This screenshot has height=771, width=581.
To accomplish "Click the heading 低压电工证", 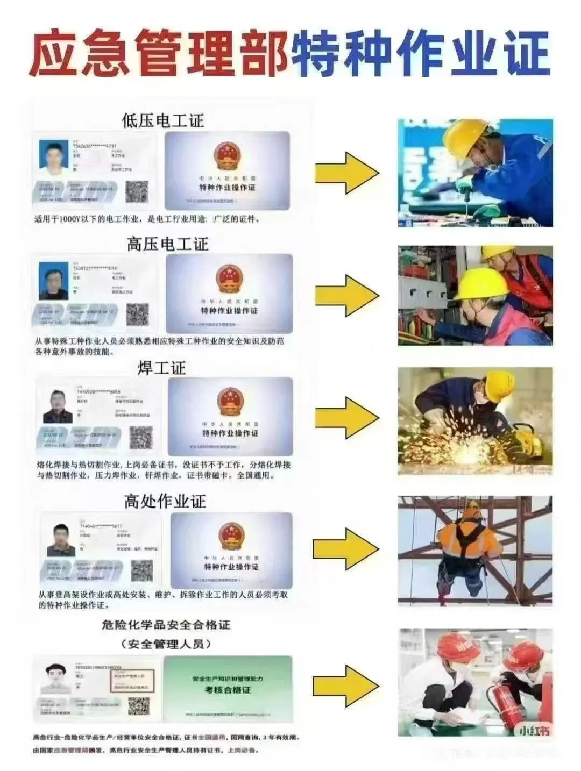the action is click(x=163, y=120).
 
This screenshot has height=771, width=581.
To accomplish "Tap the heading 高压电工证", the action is click(x=167, y=244).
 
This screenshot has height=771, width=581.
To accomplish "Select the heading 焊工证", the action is click(x=161, y=368).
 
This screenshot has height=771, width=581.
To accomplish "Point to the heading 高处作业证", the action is click(x=165, y=502).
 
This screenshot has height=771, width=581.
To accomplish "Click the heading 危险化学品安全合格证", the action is click(x=166, y=625).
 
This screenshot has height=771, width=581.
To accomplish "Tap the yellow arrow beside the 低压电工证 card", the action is click(x=347, y=173).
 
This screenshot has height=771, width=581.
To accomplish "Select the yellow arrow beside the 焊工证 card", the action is click(x=347, y=418).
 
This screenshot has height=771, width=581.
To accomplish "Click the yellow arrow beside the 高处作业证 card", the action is click(x=347, y=548).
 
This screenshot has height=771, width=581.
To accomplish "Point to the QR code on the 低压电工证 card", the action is click(x=137, y=192).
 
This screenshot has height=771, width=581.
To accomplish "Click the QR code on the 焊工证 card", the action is click(x=141, y=438).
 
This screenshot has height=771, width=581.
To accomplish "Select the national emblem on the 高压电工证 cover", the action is click(x=229, y=280).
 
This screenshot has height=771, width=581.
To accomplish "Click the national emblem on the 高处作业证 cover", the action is click(x=231, y=537).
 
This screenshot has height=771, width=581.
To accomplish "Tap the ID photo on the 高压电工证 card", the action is click(x=54, y=281).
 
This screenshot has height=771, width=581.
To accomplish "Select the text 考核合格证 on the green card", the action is click(x=228, y=690).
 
